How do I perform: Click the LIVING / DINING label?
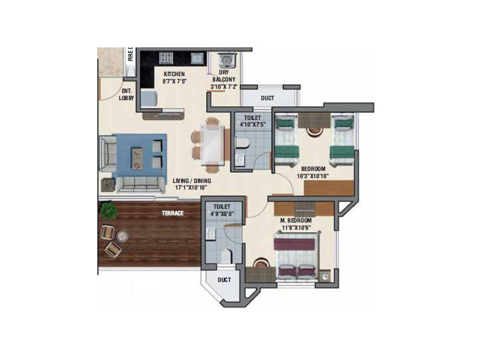click(x=193, y=183)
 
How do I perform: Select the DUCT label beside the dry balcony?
click(x=268, y=99)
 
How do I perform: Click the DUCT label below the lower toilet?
click(x=224, y=280)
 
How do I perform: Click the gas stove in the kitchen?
click(x=166, y=58)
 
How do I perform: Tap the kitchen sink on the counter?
click(x=196, y=58)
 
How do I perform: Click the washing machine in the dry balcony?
click(x=225, y=60)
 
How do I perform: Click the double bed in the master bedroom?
click(x=296, y=257)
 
